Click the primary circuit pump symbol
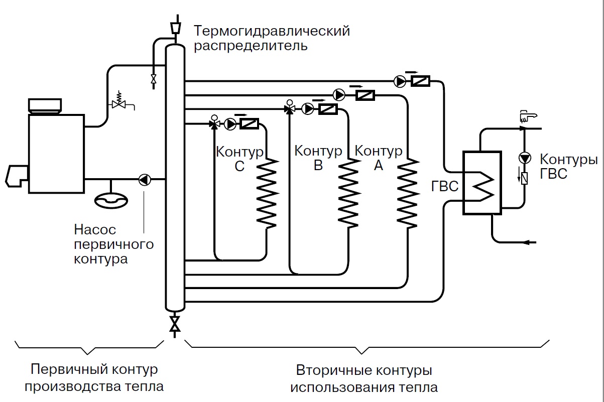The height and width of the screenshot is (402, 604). (x=145, y=179)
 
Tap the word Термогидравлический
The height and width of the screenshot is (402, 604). (x=272, y=31)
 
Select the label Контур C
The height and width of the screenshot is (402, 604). (x=239, y=158)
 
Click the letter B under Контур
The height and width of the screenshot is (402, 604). (x=318, y=165)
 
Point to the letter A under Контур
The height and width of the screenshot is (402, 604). (x=378, y=165)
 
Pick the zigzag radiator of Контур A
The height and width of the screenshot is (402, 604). (x=407, y=193)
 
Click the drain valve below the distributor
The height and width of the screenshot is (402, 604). (x=175, y=323)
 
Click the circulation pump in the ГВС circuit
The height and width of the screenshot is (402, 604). (x=525, y=159)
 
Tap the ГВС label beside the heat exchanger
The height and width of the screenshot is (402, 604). (x=445, y=187)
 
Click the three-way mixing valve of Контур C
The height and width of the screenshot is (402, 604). (x=214, y=123)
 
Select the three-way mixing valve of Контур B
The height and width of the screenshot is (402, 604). (x=289, y=108)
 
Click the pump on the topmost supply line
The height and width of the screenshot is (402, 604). (x=399, y=80)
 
